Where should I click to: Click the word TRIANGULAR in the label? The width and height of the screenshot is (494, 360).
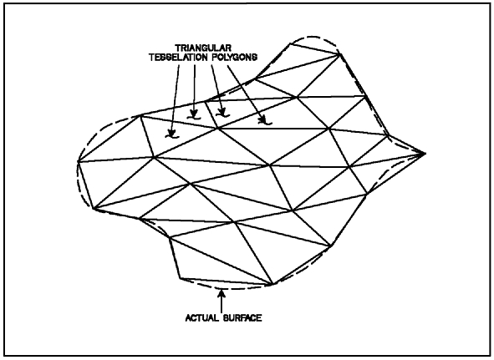click(x=203, y=48)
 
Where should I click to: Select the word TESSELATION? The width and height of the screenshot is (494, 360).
click(x=178, y=58)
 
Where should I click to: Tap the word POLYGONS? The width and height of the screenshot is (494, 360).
click(x=234, y=58)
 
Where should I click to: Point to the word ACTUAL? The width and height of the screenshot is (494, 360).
click(x=202, y=317)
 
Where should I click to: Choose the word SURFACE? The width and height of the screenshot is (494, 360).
click(x=242, y=317)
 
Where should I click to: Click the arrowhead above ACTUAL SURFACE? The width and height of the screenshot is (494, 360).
click(x=222, y=293)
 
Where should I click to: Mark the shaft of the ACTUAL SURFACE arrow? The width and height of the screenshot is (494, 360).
click(x=222, y=305)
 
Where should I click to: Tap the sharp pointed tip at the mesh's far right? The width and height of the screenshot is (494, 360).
click(x=425, y=154)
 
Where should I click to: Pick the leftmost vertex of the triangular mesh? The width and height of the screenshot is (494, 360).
click(x=78, y=161)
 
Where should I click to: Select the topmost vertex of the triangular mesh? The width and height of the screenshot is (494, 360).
click(x=289, y=43)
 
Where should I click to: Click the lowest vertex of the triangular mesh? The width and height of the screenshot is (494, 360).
click(x=272, y=285)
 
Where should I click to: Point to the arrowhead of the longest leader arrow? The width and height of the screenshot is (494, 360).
click(x=171, y=132)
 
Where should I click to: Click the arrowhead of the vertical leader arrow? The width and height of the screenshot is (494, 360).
click(x=194, y=113)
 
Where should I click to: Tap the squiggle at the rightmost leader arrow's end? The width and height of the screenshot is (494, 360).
click(x=265, y=123)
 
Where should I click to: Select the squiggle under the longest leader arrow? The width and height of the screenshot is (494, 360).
click(x=172, y=137)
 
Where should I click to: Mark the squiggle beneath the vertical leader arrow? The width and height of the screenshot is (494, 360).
click(x=194, y=118)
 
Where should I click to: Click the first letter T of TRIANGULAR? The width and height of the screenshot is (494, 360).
click(x=178, y=48)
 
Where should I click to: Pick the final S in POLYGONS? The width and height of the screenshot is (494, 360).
click(x=255, y=58)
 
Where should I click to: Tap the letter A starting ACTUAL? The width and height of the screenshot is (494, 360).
click(x=188, y=317)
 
